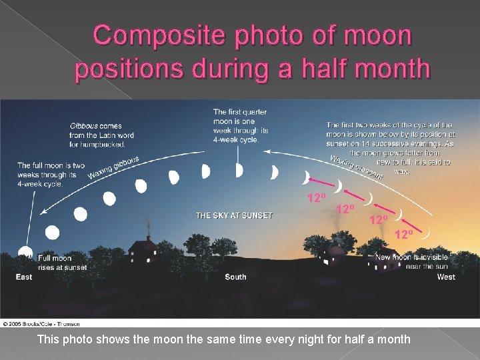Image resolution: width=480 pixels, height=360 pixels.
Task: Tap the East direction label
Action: pyautogui.click(x=24, y=277)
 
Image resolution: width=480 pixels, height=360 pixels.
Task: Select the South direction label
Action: pyautogui.click(x=235, y=277)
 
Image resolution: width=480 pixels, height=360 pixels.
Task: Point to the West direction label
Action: pyautogui.click(x=446, y=277)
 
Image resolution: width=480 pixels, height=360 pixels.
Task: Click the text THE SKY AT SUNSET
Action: pyautogui.click(x=234, y=215)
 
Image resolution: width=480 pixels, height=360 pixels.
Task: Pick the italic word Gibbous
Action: pyautogui.click(x=85, y=125)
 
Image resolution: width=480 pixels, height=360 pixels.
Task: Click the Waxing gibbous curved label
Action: pyautogui.click(x=113, y=168)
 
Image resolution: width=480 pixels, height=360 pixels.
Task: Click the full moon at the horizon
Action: pyautogui.click(x=25, y=253)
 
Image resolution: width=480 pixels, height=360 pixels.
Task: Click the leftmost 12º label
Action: pyautogui.click(x=316, y=198)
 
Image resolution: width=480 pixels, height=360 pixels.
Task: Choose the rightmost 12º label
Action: pyautogui.click(x=404, y=234)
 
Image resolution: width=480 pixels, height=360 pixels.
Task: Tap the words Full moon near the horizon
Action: pyautogui.click(x=55, y=258)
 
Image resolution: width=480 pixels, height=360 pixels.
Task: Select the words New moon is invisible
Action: pyautogui.click(x=411, y=258)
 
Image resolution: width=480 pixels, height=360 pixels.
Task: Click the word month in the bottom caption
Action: pyautogui.click(x=392, y=339)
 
